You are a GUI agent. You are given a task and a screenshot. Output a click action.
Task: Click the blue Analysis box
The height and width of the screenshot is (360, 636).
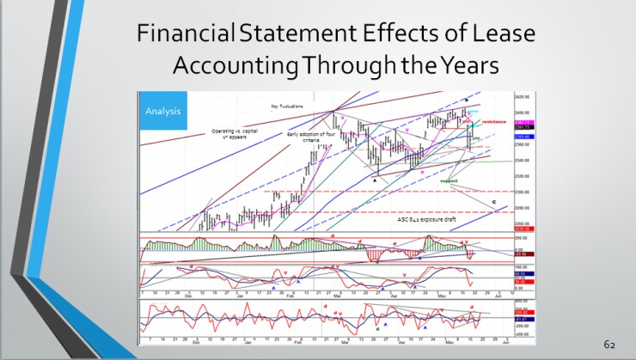pyautogui.click(x=158, y=111)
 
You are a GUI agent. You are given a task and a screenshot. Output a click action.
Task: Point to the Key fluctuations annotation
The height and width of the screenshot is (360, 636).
pyautogui.click(x=287, y=106)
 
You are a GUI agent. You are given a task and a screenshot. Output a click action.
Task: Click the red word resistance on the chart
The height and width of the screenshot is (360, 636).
pyautogui.click(x=493, y=123)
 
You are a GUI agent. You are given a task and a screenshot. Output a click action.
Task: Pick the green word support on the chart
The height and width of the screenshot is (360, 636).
pyautogui.click(x=448, y=181)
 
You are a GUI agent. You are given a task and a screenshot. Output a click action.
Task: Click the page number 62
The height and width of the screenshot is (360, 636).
pyautogui.click(x=609, y=343)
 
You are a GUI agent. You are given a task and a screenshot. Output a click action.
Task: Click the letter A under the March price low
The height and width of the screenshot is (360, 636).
pyautogui.click(x=375, y=179)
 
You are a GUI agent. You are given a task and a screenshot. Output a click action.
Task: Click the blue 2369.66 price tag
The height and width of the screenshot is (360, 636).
pyautogui.click(x=520, y=136)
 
